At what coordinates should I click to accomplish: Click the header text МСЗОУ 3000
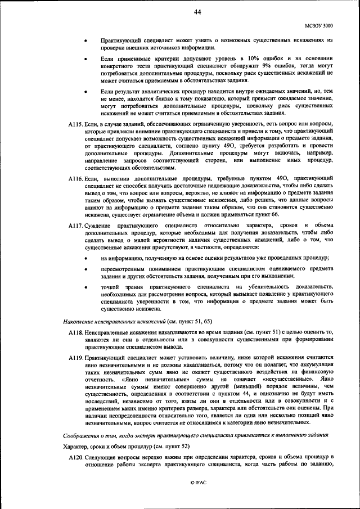[318, 26]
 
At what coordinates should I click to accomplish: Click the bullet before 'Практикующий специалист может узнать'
[85, 41]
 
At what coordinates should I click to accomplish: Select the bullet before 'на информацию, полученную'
[85, 258]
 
